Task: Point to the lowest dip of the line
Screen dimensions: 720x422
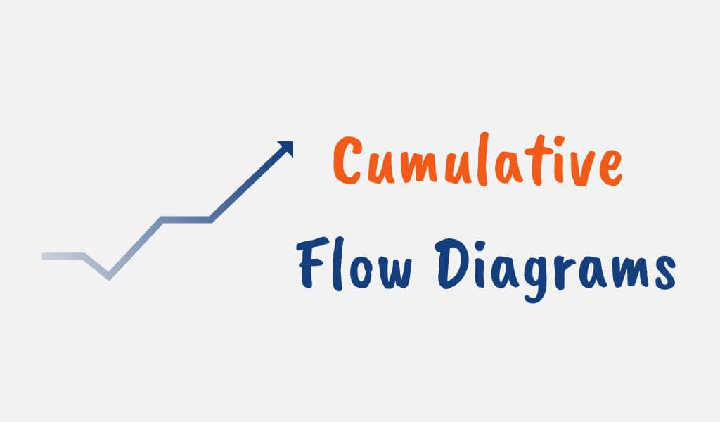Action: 108,276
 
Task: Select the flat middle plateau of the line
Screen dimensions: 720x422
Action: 187,220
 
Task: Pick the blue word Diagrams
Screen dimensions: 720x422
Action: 552,268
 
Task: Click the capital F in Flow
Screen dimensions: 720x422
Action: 309,264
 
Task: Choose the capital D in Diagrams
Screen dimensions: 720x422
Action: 449,264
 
